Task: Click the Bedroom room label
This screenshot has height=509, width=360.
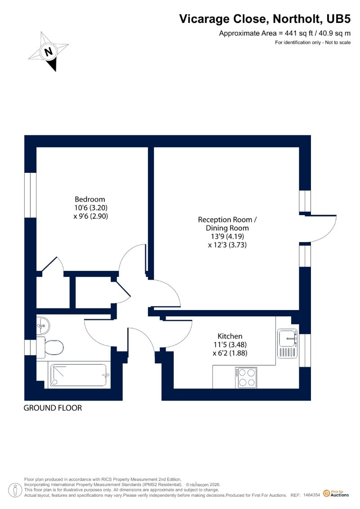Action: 90,199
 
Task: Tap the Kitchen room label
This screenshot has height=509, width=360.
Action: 230,336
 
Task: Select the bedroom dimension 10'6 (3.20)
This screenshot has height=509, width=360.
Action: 90,207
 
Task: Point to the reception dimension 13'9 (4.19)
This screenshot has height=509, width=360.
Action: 227,236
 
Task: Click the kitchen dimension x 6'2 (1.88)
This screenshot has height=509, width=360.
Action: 230,353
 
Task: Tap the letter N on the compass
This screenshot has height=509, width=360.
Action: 49,52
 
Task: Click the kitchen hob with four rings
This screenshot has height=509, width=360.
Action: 246,378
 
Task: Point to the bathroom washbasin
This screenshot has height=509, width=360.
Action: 43,325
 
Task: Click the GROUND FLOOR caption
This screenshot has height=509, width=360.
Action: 53,408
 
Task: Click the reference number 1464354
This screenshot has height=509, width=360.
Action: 312,495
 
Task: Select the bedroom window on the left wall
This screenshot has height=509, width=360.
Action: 30,195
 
